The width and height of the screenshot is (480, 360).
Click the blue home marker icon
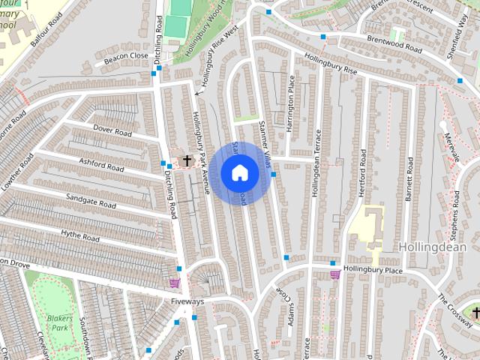click(239, 173)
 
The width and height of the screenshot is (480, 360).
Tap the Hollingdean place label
click(433, 247)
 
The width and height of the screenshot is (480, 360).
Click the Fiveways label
click(187, 301)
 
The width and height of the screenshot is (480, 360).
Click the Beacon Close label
click(126, 56)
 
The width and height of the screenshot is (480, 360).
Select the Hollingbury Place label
click(373, 268)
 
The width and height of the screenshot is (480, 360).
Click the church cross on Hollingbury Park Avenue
click(187, 160)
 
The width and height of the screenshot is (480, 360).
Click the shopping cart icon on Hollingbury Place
click(334, 274)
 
